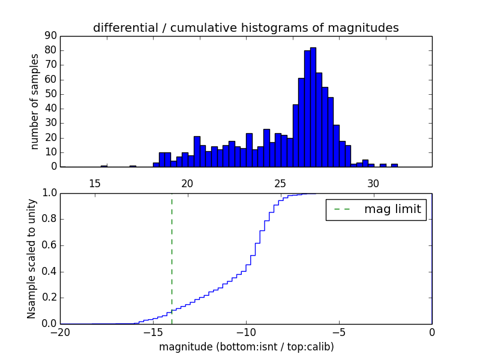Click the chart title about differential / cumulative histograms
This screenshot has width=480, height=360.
pyautogui.click(x=245, y=28)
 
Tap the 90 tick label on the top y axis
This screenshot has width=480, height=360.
pyautogui.click(x=50, y=36)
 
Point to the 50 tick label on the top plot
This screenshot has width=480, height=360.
pyautogui.click(x=50, y=94)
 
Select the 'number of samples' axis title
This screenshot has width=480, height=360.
pyautogui.click(x=35, y=101)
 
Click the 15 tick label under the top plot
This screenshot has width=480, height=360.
pyautogui.click(x=94, y=183)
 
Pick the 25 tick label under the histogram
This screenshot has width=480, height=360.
pyautogui.click(x=280, y=183)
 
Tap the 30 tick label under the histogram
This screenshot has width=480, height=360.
pyautogui.click(x=373, y=183)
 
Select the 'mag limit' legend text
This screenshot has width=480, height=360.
pyautogui.click(x=392, y=209)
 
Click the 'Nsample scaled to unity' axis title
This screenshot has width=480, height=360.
pyautogui.click(x=32, y=259)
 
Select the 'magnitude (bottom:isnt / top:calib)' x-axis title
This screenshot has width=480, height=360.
pyautogui.click(x=246, y=347)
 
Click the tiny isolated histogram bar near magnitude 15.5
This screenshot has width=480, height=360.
pyautogui.click(x=104, y=166)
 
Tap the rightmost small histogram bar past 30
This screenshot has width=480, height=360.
pyautogui.click(x=394, y=165)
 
